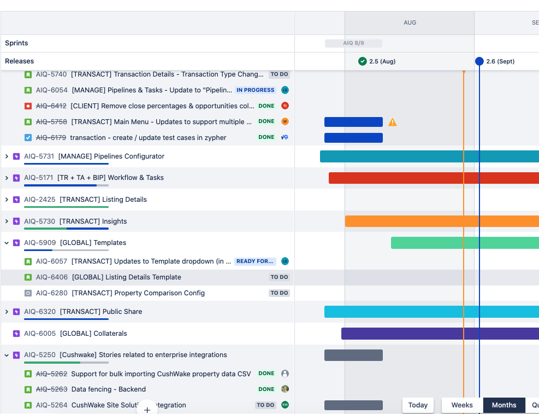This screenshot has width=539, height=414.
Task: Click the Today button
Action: (x=418, y=405)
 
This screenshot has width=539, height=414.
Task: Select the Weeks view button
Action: (x=462, y=405)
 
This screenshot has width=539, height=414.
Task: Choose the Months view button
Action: (x=504, y=405)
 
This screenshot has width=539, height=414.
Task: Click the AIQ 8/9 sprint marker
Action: (x=353, y=43)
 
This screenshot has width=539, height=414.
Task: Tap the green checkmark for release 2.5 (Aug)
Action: (x=362, y=61)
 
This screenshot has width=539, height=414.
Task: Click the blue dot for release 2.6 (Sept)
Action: (x=479, y=61)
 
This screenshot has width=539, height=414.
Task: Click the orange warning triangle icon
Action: (x=393, y=123)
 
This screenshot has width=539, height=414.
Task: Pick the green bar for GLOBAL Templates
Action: (x=464, y=243)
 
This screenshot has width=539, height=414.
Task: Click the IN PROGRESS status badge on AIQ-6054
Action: (x=255, y=90)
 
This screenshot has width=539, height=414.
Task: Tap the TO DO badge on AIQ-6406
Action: (x=279, y=277)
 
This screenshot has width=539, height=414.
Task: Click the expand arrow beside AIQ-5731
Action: (x=7, y=156)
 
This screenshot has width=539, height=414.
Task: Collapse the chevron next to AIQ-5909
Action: (x=7, y=243)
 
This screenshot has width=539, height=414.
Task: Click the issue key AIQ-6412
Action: (x=51, y=106)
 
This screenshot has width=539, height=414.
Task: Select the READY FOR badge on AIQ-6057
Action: (x=255, y=261)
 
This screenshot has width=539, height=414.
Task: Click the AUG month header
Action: (x=410, y=23)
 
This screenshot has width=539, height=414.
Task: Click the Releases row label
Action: (x=20, y=61)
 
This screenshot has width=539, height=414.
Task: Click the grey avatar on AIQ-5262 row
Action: (x=285, y=374)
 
